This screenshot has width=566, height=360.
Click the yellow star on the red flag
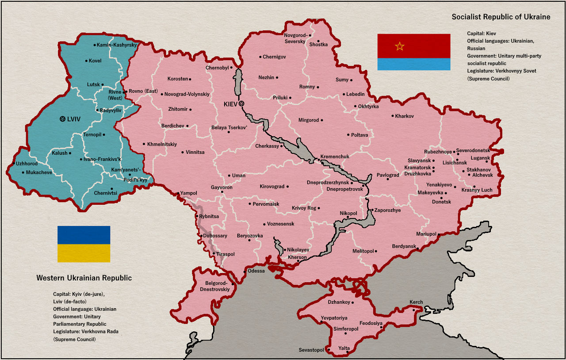(x=400, y=46)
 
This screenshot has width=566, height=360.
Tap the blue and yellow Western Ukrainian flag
(x=84, y=244)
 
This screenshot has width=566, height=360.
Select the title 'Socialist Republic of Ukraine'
(x=501, y=17)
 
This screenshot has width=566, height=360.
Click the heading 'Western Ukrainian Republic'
(x=84, y=278)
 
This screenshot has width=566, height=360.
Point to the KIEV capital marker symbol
(x=241, y=103)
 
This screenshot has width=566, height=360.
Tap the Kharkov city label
(x=405, y=116)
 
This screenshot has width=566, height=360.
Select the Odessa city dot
(x=245, y=271)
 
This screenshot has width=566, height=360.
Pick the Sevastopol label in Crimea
(x=312, y=350)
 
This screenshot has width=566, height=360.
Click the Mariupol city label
(x=426, y=234)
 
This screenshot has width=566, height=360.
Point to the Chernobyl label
(x=217, y=68)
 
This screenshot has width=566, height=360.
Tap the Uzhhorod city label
(x=27, y=164)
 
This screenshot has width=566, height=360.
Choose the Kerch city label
(x=416, y=303)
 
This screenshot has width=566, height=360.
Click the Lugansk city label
(x=480, y=158)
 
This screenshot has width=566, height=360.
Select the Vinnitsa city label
(x=195, y=152)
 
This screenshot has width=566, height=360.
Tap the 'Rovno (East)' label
(x=143, y=91)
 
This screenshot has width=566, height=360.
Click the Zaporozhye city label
(x=388, y=210)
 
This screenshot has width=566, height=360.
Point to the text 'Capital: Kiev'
(x=481, y=33)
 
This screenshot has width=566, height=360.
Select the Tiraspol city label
(x=226, y=254)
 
